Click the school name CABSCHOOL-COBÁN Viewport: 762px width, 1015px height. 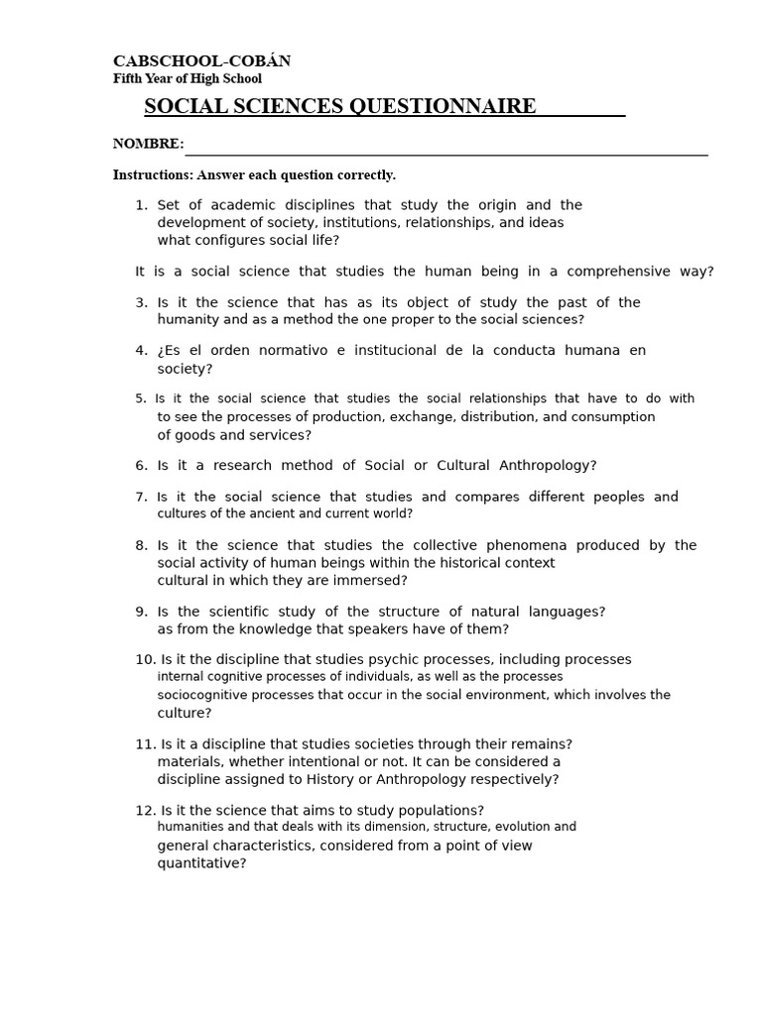[201, 61]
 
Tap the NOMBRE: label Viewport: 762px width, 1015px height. [148, 145]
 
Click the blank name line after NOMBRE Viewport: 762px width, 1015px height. [446, 151]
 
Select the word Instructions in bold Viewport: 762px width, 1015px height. [152, 175]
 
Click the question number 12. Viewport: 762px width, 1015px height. [145, 811]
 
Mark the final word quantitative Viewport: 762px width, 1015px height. [201, 863]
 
